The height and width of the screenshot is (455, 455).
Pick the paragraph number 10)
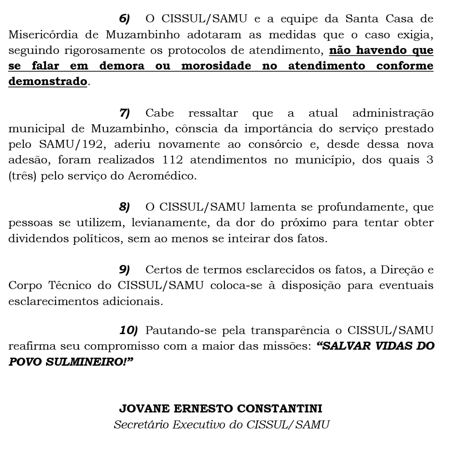pyautogui.click(x=128, y=331)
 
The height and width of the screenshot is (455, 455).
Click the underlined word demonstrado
pyautogui.click(x=47, y=81)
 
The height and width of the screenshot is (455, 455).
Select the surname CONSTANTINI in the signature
pyautogui.click(x=280, y=409)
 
